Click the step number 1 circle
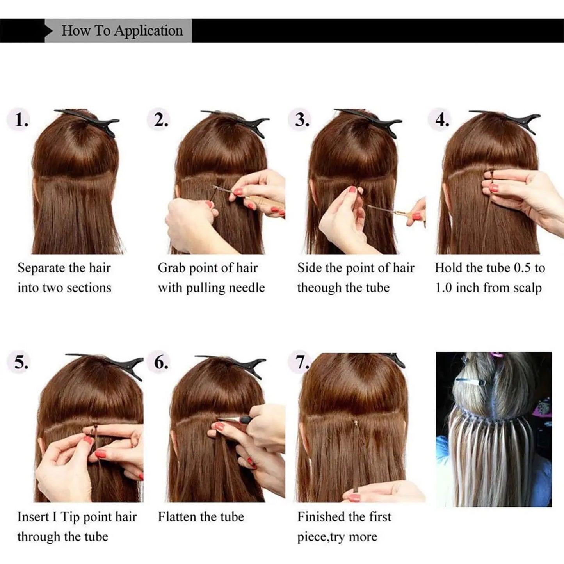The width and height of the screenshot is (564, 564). click(20, 119)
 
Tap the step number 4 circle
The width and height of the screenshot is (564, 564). click(441, 119)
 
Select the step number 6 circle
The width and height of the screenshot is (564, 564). click(160, 363)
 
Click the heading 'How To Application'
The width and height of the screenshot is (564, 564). click(122, 30)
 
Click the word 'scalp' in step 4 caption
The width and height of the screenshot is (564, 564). click(527, 288)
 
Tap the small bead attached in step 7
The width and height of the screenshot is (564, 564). click(356, 422)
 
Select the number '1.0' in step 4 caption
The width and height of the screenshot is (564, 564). click(443, 288)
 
